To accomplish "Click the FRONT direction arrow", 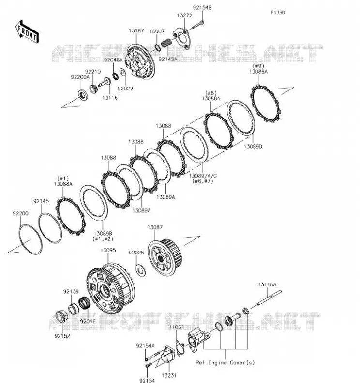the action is [27, 32].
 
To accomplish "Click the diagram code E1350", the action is [278, 13].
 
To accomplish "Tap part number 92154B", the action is [202, 8].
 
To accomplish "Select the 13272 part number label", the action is [184, 15].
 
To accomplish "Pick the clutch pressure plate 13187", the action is [140, 62].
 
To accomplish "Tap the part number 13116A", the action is [267, 284].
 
